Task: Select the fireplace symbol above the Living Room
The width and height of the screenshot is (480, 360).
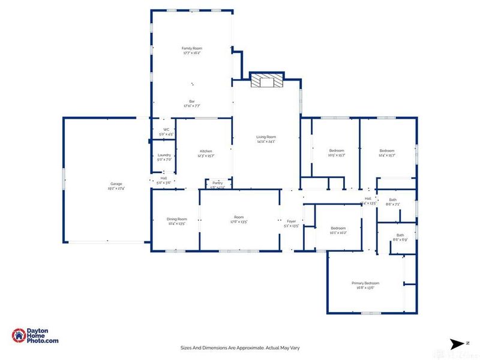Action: (266, 82)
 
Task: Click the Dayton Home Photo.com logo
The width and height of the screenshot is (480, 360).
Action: (36, 337)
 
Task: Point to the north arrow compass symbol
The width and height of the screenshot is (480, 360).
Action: (459, 343)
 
